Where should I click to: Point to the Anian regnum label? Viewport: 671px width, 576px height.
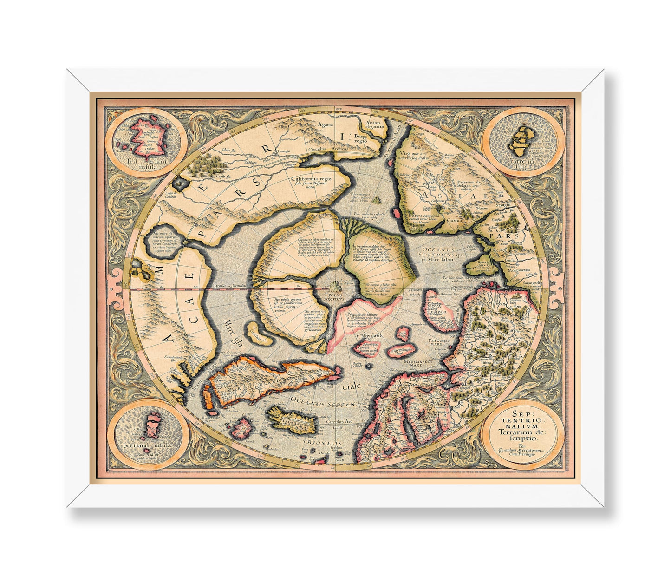click(x=366, y=122)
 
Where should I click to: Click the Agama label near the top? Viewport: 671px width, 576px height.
click(x=326, y=124)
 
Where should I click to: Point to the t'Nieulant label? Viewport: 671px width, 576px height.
click(x=369, y=335)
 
